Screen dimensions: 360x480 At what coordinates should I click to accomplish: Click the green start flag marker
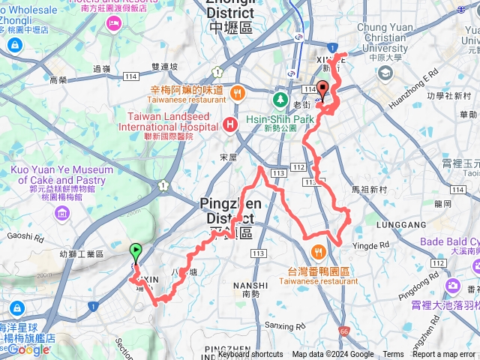[136, 252]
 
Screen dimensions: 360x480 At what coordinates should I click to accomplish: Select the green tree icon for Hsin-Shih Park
[280, 100]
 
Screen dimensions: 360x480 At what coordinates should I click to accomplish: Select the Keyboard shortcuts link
[250, 355]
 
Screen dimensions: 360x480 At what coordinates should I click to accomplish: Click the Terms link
[393, 355]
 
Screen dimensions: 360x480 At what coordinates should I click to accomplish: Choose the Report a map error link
[445, 355]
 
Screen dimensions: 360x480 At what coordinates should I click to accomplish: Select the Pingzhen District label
[231, 210]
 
